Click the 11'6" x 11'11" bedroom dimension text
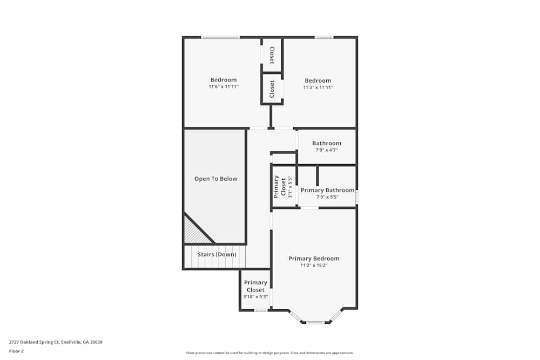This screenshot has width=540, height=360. click(224, 87)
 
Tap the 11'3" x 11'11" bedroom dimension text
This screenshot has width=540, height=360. click(318, 87)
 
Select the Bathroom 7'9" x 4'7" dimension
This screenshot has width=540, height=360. click(327, 150)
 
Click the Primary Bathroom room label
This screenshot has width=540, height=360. click(328, 190)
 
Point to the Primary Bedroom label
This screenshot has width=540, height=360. click(314, 259)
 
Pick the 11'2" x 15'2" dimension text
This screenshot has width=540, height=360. click(314, 266)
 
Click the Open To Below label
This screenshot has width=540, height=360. click(215, 179)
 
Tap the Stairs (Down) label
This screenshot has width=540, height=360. click(217, 254)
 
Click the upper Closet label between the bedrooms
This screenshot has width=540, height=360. click(272, 56)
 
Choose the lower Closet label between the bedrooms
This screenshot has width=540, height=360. click(272, 89)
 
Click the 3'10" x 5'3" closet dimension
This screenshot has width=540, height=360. click(255, 297)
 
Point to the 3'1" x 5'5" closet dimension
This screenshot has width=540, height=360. click(290, 187)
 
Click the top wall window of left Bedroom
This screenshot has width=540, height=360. click(220, 37)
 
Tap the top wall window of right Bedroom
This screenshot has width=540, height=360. click(323, 37)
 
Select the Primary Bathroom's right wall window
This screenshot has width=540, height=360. click(357, 197)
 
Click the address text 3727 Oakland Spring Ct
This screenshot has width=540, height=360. click(34, 342)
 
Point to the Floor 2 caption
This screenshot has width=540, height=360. click(16, 351)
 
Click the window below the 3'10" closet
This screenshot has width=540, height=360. click(261, 310)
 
